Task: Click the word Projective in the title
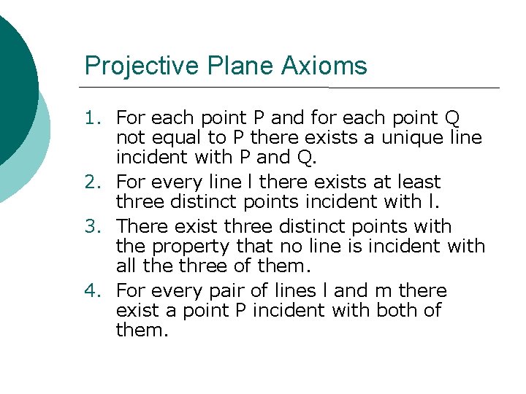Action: (129, 66)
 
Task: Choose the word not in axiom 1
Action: (131, 137)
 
